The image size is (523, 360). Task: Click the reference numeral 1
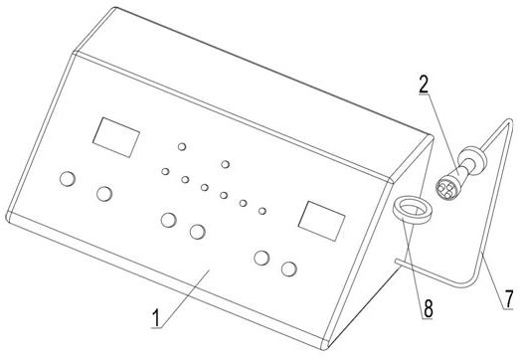pos(156,318)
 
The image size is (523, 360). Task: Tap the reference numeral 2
pos(424,85)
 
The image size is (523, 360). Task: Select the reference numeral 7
pos(509,299)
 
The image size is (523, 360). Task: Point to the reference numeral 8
pos(428,308)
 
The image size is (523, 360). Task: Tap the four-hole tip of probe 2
pos(445,189)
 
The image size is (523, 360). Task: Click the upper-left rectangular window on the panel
pos(116,137)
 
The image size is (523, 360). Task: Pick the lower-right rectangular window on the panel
pos(321,221)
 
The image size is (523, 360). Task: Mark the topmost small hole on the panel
pos(182,146)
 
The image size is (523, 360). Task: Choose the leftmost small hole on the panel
pos(165,171)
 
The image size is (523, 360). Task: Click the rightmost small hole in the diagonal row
pos(262,211)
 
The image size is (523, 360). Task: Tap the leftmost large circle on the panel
pos(68,179)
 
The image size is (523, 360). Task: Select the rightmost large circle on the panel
pos(289,269)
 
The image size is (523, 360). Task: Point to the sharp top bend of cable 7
pos(510,121)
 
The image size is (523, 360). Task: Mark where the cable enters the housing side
pos(396,261)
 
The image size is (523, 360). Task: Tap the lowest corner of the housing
pos(324,348)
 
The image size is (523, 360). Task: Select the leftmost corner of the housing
pos(7,217)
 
